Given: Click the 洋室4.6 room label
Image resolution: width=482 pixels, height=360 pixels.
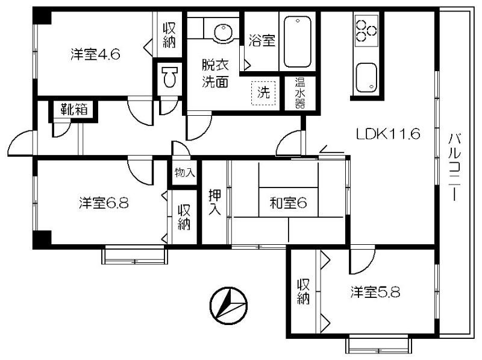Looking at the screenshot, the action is pyautogui.click(x=95, y=55).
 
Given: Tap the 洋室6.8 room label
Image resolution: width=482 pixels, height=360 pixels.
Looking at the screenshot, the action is pyautogui.click(x=104, y=203).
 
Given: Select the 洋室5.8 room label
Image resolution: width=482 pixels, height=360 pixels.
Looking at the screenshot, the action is pyautogui.click(x=375, y=292).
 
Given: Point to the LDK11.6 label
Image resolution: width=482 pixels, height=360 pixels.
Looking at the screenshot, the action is pyautogui.click(x=388, y=134).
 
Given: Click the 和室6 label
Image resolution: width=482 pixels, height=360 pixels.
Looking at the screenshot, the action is pyautogui.click(x=288, y=203).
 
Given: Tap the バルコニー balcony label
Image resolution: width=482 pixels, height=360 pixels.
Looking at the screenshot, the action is pyautogui.click(x=454, y=167).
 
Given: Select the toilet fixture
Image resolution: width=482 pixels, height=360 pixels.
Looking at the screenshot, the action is pyautogui.click(x=170, y=76).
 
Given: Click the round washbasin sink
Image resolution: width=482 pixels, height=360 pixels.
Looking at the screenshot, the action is pyautogui.click(x=223, y=32).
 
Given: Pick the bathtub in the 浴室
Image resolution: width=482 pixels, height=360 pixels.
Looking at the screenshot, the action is pyautogui.click(x=297, y=42).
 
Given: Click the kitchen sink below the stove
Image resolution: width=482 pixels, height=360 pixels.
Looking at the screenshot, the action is pyautogui.click(x=366, y=78).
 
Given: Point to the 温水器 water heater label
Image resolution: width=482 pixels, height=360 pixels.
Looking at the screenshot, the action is pyautogui.click(x=300, y=93).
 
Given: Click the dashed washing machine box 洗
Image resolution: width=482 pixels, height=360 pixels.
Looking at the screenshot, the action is pyautogui.click(x=263, y=93).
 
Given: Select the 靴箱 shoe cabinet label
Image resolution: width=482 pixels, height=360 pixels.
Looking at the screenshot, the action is pyautogui.click(x=74, y=109).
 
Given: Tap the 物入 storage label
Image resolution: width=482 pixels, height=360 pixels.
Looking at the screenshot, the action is pyautogui.click(x=184, y=172).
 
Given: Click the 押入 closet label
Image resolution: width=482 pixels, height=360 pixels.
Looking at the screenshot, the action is pyautogui.click(x=214, y=202).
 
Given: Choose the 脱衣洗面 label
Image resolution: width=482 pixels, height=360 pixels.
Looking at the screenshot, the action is pyautogui.click(x=215, y=73).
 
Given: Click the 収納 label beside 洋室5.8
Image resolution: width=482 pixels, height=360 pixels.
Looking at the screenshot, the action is pyautogui.click(x=303, y=292).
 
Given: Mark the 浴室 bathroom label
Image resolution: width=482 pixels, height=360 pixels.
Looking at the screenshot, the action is pyautogui.click(x=261, y=40).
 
